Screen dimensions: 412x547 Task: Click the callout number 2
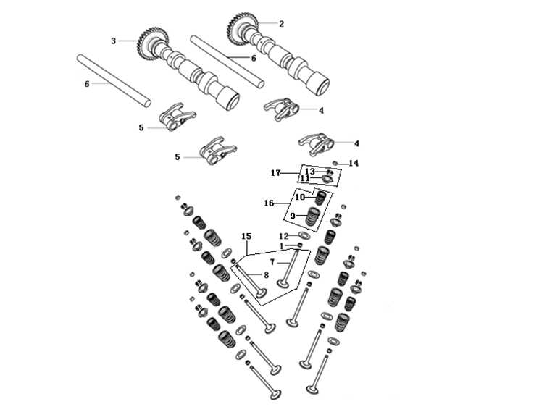coord(281,24)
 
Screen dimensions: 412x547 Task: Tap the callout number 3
coord(113,41)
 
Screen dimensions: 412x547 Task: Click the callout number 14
coord(354,164)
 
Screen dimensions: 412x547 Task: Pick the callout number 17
coord(275,173)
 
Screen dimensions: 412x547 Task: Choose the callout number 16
coord(269,203)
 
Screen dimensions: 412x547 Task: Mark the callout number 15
coord(246,237)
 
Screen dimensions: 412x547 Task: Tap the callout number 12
coord(283,237)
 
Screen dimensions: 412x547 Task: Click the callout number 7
coord(272,261)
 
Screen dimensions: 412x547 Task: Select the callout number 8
coord(266,275)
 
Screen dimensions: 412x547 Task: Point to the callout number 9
coord(293,216)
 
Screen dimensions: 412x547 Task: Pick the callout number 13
coord(309,172)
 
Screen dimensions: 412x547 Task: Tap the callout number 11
coord(305,179)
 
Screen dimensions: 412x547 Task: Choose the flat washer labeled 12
coord(305,236)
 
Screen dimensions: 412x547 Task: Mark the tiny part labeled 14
coord(336,163)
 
